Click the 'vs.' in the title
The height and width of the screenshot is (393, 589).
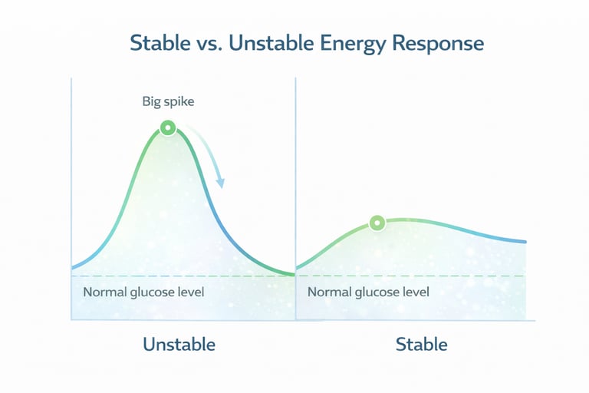coord(202,43)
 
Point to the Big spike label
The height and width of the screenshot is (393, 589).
coord(168,101)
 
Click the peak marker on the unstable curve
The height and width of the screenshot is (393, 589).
coord(167,128)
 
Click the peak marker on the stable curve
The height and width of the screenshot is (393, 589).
coord(377,223)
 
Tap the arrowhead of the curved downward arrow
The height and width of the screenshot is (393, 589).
coord(221,183)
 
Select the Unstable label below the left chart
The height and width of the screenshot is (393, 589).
coord(179,344)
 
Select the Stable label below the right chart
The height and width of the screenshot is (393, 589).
coord(421,344)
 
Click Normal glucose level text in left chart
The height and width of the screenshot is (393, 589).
coord(143,292)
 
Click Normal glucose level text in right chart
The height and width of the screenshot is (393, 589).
coord(368,292)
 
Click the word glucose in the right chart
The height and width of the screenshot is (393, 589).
coord(377,292)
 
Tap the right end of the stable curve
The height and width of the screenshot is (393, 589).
coord(525,242)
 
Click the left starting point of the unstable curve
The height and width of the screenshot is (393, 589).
coord(73,267)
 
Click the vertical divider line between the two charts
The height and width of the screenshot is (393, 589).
coord(295,192)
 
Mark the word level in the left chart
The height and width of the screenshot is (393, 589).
coord(190,292)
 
